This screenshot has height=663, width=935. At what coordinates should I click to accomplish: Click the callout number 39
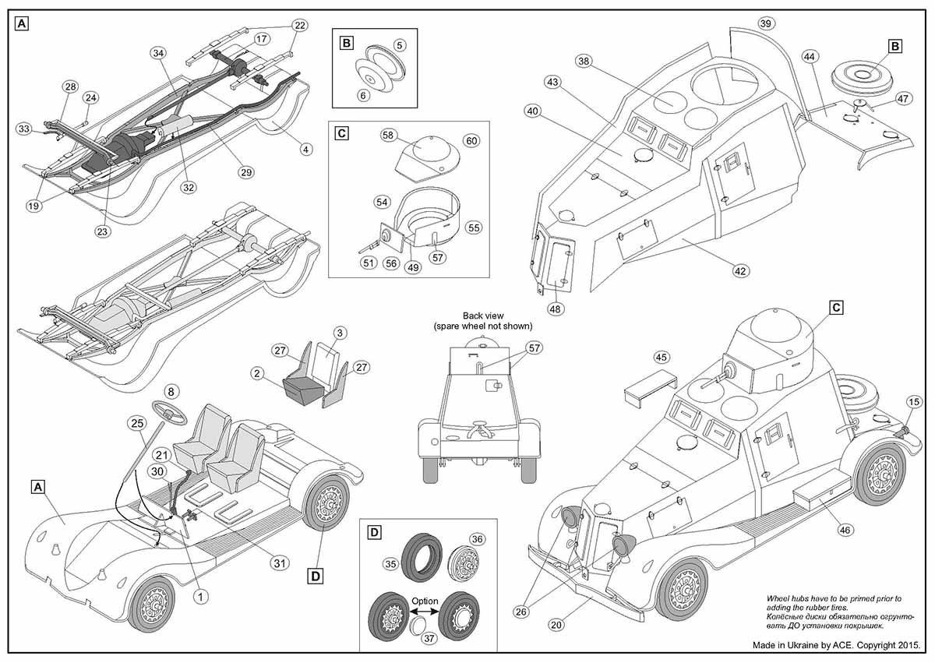click(765, 23)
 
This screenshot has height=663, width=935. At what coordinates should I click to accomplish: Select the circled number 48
click(556, 308)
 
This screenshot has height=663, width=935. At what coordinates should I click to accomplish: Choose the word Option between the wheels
click(425, 601)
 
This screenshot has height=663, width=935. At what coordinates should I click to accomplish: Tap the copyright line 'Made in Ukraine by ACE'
click(837, 646)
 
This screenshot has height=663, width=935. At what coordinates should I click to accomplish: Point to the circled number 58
click(388, 135)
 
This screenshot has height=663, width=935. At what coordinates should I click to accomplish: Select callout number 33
click(23, 128)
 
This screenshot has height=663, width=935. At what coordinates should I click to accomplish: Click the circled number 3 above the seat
click(340, 333)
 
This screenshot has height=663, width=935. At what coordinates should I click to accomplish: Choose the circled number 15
click(914, 401)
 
